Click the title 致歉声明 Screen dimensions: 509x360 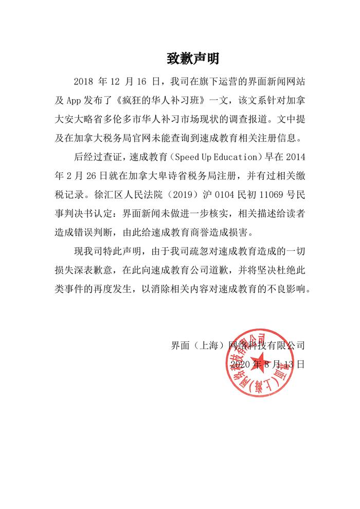pos(193,59)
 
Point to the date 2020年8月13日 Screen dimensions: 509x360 pos(268,365)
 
